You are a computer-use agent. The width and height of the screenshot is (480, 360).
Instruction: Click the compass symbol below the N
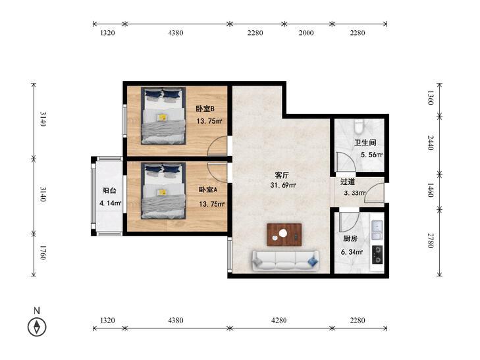tap(37, 326)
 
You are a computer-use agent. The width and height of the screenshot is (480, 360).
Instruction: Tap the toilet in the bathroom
tap(359, 126)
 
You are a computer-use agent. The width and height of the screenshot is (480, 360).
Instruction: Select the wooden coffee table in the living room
tap(284, 234)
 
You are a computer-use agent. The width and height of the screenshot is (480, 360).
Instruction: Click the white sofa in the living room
tap(285, 261)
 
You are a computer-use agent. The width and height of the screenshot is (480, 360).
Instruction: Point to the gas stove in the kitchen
tap(377, 255)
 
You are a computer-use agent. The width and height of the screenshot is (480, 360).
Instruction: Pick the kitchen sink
tap(377, 230)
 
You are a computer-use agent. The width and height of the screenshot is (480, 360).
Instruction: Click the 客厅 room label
tap(282, 175)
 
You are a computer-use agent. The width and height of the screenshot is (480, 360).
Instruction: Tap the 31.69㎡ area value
tap(283, 185)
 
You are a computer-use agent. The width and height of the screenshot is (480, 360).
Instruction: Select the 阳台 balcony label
tap(109, 191)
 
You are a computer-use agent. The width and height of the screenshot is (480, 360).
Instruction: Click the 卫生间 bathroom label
tap(365, 143)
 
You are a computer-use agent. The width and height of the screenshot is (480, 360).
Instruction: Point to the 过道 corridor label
tap(348, 182)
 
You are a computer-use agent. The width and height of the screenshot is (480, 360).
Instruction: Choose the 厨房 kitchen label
tap(350, 238)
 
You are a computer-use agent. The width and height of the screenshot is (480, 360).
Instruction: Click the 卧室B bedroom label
tap(205, 109)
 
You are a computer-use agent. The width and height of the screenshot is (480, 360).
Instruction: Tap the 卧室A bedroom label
tap(208, 190)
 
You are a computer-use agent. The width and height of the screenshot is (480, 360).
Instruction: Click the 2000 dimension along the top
tap(306, 33)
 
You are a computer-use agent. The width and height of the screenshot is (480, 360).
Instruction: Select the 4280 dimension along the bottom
tap(279, 321)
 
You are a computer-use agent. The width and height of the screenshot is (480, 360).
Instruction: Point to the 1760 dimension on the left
tap(43, 253)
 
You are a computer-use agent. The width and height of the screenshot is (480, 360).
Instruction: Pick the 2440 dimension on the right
tap(431, 143)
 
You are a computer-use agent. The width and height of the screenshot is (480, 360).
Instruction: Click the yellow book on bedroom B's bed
tap(162, 117)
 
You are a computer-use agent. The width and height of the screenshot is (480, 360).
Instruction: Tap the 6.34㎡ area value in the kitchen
tap(352, 252)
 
